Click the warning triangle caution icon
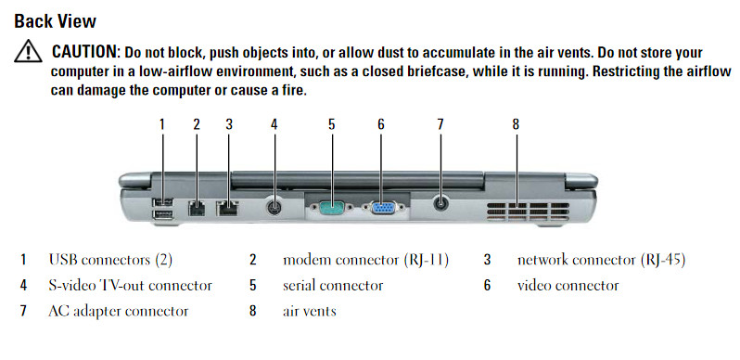[29, 51]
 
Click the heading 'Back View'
[56, 21]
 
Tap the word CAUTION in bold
[84, 52]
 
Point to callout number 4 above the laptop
[274, 124]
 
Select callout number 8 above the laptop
[516, 124]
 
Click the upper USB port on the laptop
[163, 202]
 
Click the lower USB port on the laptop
[163, 216]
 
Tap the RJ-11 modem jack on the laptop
[197, 209]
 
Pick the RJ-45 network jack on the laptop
[227, 209]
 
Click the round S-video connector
[274, 207]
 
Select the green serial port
[331, 208]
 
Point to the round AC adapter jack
[440, 203]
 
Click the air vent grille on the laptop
[528, 212]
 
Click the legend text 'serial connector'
[333, 286]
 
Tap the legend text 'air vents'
[310, 312]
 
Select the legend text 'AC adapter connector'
[119, 312]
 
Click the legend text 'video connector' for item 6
[568, 286]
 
